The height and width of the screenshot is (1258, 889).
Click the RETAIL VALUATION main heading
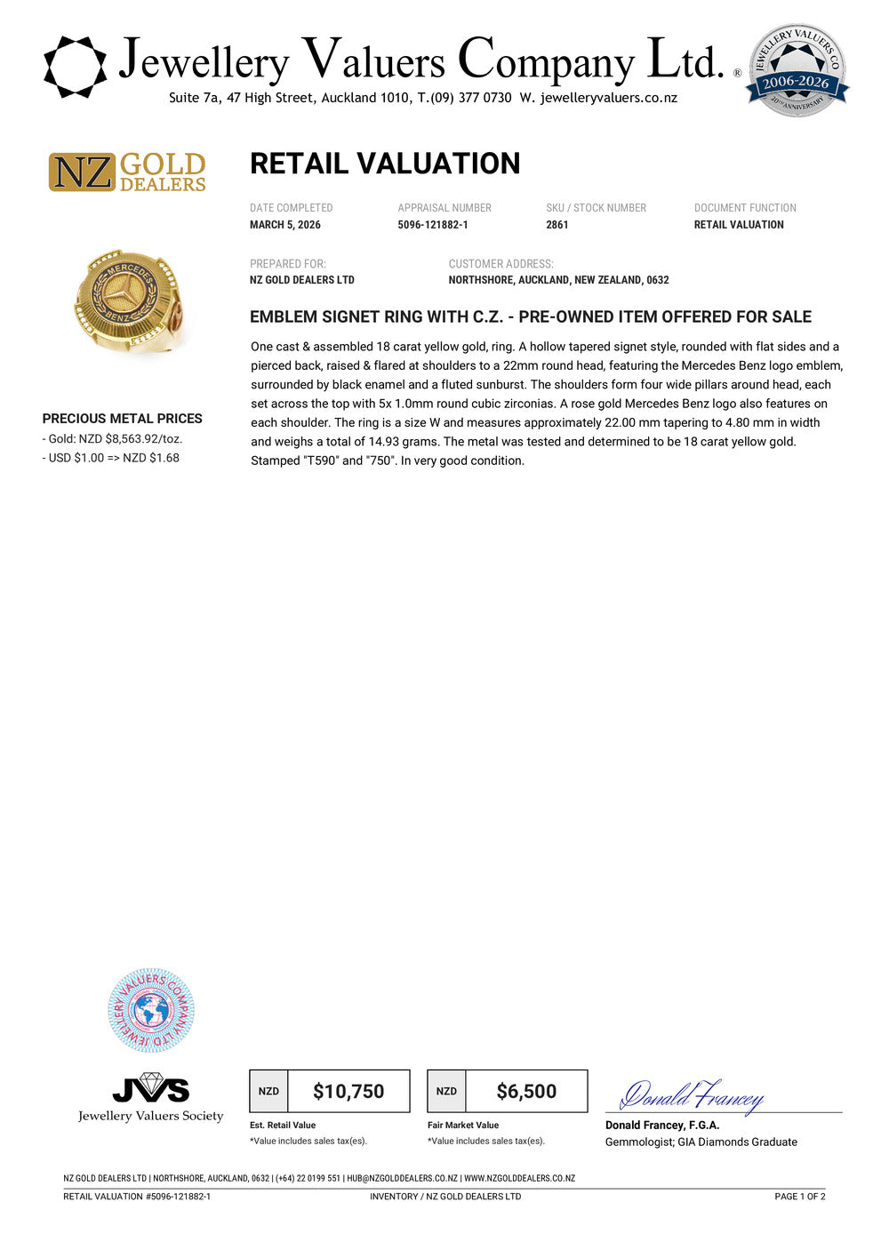click(384, 164)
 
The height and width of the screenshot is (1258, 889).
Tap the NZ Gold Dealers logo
click(127, 172)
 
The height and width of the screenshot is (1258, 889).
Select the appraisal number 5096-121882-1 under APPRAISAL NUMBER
click(432, 225)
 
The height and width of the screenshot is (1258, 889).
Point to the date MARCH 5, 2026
click(284, 225)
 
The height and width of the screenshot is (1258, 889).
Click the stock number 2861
click(557, 225)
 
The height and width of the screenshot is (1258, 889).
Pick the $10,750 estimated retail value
click(348, 1092)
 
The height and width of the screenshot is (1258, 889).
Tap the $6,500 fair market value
click(526, 1092)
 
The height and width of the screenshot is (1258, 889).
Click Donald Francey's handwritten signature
click(691, 1096)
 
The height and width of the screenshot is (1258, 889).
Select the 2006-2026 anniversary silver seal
click(797, 71)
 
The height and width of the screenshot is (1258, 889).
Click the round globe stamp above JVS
click(151, 1011)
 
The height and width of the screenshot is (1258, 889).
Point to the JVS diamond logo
click(151, 1087)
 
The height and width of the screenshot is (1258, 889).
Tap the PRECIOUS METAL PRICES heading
click(122, 419)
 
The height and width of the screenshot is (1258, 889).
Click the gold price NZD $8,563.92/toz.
click(116, 439)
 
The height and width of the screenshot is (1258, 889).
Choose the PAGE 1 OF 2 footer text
click(799, 1197)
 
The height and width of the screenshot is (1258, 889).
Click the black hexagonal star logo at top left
click(75, 67)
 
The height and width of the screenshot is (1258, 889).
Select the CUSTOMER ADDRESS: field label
click(501, 264)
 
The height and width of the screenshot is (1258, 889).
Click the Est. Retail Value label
click(283, 1126)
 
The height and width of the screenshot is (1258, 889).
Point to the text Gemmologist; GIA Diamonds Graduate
click(701, 1142)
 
